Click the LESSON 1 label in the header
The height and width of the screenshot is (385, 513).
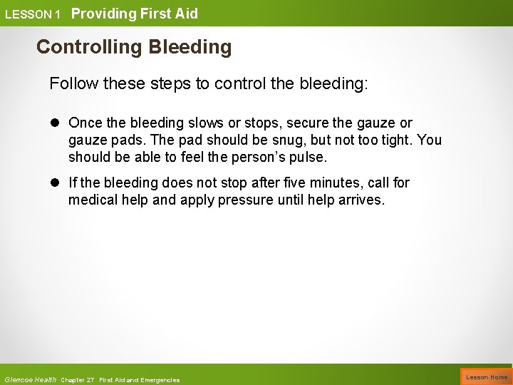[33, 14]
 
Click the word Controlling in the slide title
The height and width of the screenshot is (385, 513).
[88, 47]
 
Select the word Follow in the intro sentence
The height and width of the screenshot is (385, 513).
[71, 84]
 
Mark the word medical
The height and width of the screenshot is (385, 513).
[93, 199]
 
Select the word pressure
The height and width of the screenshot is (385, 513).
[244, 199]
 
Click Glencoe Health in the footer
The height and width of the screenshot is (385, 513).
[30, 379]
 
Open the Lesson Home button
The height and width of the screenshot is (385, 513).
[487, 376]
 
